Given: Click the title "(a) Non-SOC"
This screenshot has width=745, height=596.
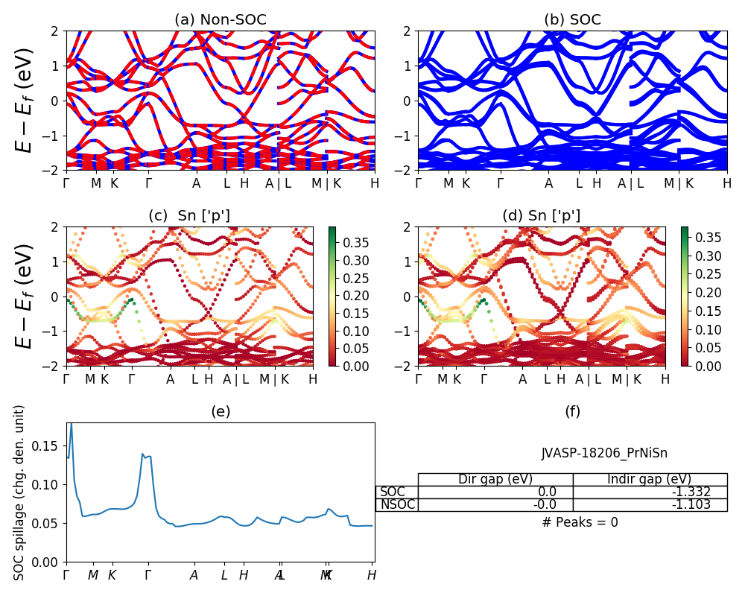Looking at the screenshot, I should click(x=220, y=20).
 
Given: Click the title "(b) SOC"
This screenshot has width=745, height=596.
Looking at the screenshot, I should click(x=572, y=20).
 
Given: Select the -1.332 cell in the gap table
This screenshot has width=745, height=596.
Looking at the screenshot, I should click(x=650, y=492).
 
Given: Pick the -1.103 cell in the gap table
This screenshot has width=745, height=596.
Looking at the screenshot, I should click(x=650, y=504).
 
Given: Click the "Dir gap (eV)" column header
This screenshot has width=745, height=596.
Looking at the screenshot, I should click(x=495, y=479).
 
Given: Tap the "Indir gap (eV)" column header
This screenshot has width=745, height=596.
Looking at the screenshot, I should click(x=650, y=479).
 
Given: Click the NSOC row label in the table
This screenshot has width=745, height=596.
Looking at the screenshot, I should click(x=397, y=504).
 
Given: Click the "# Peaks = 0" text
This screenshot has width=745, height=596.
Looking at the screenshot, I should click(x=580, y=522).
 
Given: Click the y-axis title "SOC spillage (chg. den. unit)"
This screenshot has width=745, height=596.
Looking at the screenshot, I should click(x=20, y=492).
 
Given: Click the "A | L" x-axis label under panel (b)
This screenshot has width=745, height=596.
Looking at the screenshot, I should click(x=630, y=183).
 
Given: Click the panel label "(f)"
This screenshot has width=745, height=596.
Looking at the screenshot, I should click(x=572, y=411).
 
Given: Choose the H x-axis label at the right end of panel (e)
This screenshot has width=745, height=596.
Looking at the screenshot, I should click(x=372, y=575).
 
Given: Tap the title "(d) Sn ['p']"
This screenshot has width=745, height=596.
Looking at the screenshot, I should click(x=542, y=216).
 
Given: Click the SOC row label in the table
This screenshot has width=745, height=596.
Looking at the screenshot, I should click(x=393, y=492).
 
